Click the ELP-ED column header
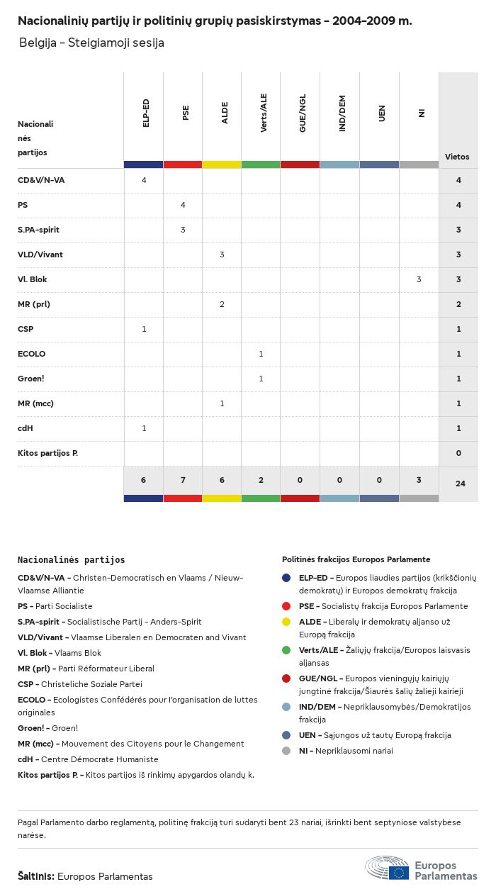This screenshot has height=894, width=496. (x=145, y=113)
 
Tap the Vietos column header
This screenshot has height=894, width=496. (x=457, y=157)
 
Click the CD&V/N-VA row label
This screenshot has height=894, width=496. (x=41, y=180)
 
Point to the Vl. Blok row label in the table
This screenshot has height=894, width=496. (x=33, y=279)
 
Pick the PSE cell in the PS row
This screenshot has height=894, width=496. (x=183, y=205)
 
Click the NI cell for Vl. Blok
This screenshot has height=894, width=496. (x=419, y=279)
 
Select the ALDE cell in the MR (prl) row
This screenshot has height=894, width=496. (x=222, y=304)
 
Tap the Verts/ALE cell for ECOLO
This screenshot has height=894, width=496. (x=261, y=354)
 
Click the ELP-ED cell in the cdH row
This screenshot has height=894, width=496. (x=144, y=428)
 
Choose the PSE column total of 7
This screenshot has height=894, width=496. (x=183, y=480)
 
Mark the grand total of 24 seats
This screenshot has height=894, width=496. (x=460, y=484)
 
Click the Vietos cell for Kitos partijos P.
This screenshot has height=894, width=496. (x=458, y=453)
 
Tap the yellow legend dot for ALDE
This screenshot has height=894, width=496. (x=286, y=622)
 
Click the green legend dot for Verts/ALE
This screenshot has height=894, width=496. (x=286, y=650)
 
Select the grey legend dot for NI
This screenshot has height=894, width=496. (x=286, y=751)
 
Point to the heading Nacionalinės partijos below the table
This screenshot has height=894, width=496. (x=71, y=560)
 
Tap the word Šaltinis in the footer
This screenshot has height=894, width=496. (x=35, y=876)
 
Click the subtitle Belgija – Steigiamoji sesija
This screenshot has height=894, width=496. (x=91, y=43)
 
